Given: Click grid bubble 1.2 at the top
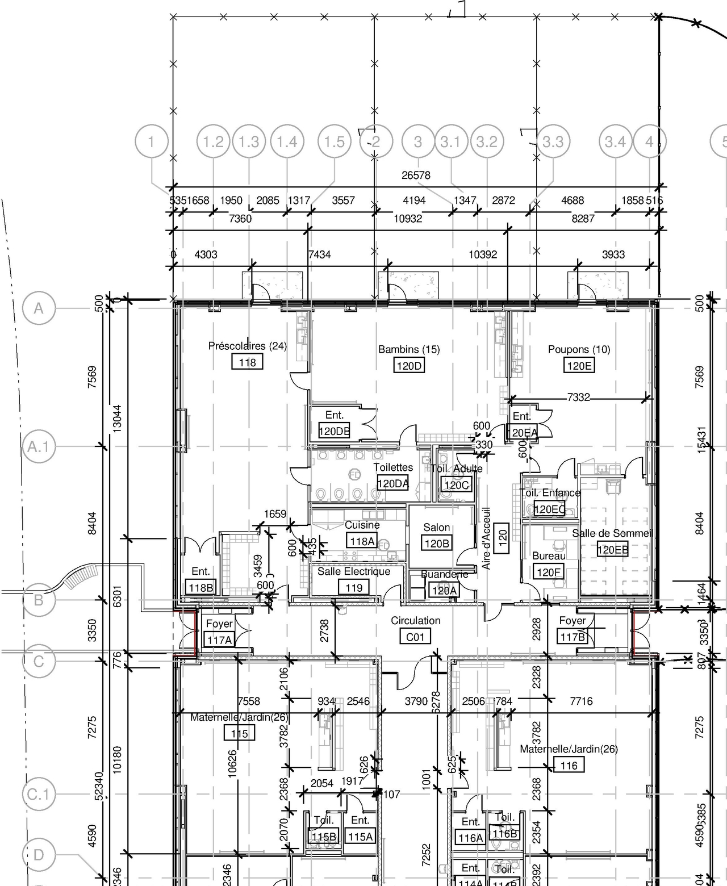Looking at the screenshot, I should (214, 141).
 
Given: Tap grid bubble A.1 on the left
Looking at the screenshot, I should (39, 447).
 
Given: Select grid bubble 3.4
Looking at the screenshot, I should (615, 141).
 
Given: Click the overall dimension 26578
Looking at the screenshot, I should (416, 175).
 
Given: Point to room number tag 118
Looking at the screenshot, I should (247, 362).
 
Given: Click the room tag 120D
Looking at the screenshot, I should (409, 366).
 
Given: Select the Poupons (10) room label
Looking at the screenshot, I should (579, 349).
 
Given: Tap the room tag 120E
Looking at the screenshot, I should (579, 366).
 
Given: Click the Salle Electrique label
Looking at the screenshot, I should (354, 571).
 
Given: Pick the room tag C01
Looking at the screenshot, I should (415, 637).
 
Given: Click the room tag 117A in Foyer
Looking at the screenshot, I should (219, 640).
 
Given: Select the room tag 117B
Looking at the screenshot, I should (573, 637).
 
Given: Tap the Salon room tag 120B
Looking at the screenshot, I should (437, 544).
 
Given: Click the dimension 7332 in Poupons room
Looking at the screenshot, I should (578, 398).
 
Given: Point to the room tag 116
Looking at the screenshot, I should (569, 766).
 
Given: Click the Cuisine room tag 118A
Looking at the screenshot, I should (362, 541).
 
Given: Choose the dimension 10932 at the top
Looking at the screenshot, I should (408, 219).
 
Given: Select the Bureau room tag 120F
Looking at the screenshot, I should (548, 572).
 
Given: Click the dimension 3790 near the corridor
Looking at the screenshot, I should (416, 701).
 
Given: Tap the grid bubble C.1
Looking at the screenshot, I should (39, 794).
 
